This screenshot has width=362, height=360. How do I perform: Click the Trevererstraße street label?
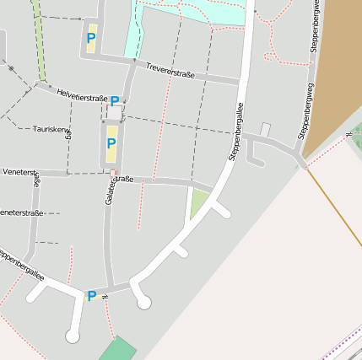tap(170, 71)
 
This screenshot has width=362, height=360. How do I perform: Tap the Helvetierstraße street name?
tap(82, 95)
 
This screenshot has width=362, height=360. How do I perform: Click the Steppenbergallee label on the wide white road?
tap(235, 132)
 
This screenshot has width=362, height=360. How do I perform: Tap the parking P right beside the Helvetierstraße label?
tap(115, 100)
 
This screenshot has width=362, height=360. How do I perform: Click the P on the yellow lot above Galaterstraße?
tap(111, 142)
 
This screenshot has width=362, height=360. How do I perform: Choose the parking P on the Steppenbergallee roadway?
tap(91, 295)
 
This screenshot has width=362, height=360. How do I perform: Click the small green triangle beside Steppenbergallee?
tap(198, 203)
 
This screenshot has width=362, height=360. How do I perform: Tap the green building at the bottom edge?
tap(118, 349)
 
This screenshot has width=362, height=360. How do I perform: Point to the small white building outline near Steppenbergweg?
tap(265, 130)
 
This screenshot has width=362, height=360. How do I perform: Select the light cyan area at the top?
tap(194, 13)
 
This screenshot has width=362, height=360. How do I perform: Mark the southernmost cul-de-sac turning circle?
tap(73, 336)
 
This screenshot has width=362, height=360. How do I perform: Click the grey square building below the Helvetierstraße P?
tap(114, 112)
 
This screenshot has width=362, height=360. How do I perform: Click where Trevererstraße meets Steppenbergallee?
tap(241, 82)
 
